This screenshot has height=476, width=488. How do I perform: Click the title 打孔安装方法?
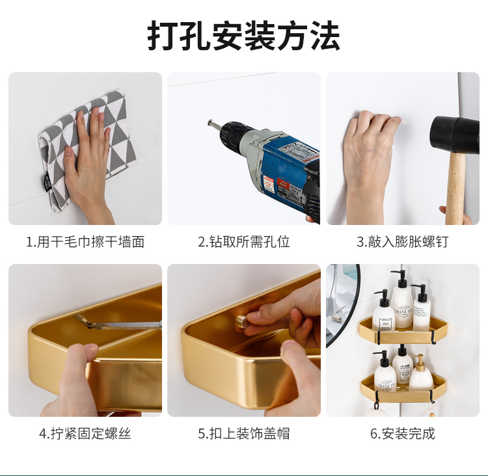(x=243, y=36)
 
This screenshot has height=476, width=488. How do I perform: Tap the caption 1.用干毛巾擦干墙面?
(x=85, y=242)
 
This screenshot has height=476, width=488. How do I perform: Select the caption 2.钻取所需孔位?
(x=244, y=242)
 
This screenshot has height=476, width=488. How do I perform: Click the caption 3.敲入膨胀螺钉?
(x=402, y=242)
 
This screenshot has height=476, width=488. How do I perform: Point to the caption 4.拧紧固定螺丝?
(x=85, y=433)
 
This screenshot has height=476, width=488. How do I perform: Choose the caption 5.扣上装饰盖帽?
(x=244, y=433)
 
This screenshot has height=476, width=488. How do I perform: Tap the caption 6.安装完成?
(x=402, y=433)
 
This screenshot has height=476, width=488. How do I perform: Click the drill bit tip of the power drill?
(x=210, y=122)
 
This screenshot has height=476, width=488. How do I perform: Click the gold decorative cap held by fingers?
(x=241, y=320)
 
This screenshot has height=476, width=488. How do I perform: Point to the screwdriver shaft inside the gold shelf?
(x=128, y=325)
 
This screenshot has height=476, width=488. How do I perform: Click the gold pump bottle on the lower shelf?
(x=420, y=373)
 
